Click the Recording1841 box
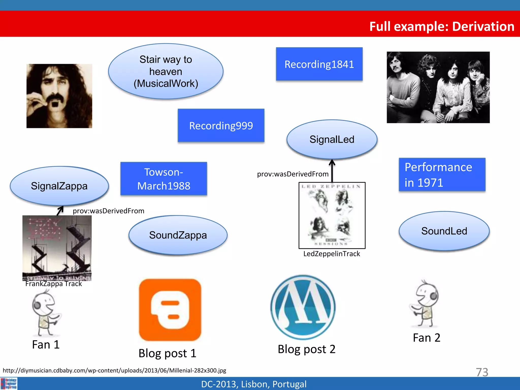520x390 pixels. click(x=319, y=64)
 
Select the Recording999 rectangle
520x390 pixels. click(x=221, y=126)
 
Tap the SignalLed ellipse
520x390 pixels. click(x=332, y=139)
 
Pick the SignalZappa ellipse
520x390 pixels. click(x=59, y=186)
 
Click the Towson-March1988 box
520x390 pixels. click(x=164, y=179)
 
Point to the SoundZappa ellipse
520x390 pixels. click(x=178, y=235)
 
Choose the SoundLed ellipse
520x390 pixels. click(x=444, y=231)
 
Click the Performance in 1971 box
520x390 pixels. click(x=442, y=175)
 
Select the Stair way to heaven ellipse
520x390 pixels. click(x=166, y=71)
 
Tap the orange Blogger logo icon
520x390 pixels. click(x=170, y=310)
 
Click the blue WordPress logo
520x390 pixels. click(x=303, y=307)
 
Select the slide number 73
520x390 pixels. click(x=482, y=372)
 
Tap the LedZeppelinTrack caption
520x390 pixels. click(x=332, y=254)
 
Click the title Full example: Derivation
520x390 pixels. click(x=442, y=26)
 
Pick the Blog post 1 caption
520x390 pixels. click(x=168, y=353)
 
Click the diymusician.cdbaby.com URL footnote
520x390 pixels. click(x=115, y=370)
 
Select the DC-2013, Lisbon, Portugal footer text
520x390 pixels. click(x=254, y=384)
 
